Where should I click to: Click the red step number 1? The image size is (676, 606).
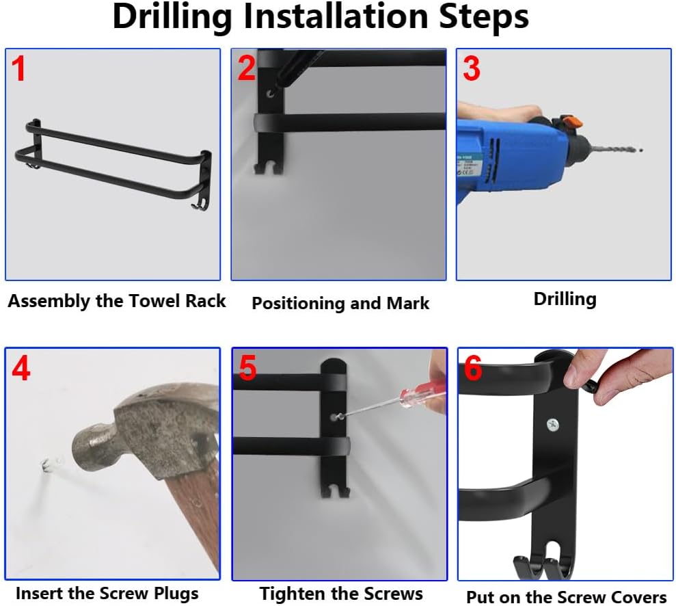(x=18, y=68)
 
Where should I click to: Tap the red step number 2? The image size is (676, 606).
(x=247, y=68)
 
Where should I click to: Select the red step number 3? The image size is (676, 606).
(x=471, y=68)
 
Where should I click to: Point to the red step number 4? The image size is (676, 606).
(x=21, y=368)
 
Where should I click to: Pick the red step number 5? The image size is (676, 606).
(x=247, y=368)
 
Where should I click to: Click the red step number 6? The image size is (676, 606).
(x=473, y=368)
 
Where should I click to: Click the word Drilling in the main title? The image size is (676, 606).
(x=172, y=17)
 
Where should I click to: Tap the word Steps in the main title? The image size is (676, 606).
(x=483, y=18)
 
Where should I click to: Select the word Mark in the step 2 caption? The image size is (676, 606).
(x=408, y=303)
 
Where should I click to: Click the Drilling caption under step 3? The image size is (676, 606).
(x=565, y=300)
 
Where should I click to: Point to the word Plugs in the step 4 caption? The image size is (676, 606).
(x=176, y=594)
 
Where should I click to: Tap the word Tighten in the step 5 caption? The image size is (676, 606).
(x=289, y=594)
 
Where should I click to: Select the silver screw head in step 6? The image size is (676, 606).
(x=553, y=425)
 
